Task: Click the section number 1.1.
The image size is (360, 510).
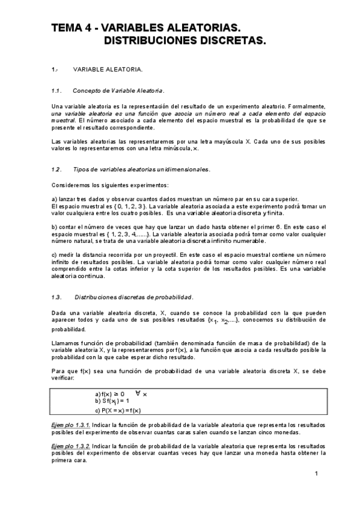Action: pos(57,91)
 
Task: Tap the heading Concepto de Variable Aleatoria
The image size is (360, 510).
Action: pos(118,91)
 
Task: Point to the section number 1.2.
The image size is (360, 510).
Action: pos(57,169)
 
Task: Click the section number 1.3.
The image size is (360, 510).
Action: pos(57,297)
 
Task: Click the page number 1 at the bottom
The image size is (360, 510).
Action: pos(316,475)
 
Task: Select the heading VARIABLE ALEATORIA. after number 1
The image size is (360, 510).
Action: pos(108,70)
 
